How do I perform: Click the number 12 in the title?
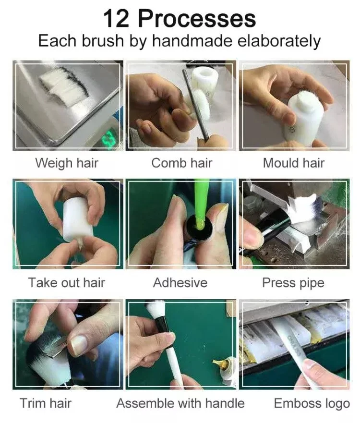[x=116, y=18]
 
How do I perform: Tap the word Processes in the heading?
[x=197, y=18]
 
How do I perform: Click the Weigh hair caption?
[x=67, y=163]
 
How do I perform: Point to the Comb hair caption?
[x=182, y=163]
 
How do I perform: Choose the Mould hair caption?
[x=293, y=163]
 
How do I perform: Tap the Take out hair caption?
[x=66, y=283]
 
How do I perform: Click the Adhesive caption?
[x=180, y=283]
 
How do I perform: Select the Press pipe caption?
[x=293, y=283]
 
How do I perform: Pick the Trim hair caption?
[x=46, y=403]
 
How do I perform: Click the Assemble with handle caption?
[x=180, y=403]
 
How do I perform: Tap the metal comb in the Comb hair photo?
[x=195, y=105]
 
